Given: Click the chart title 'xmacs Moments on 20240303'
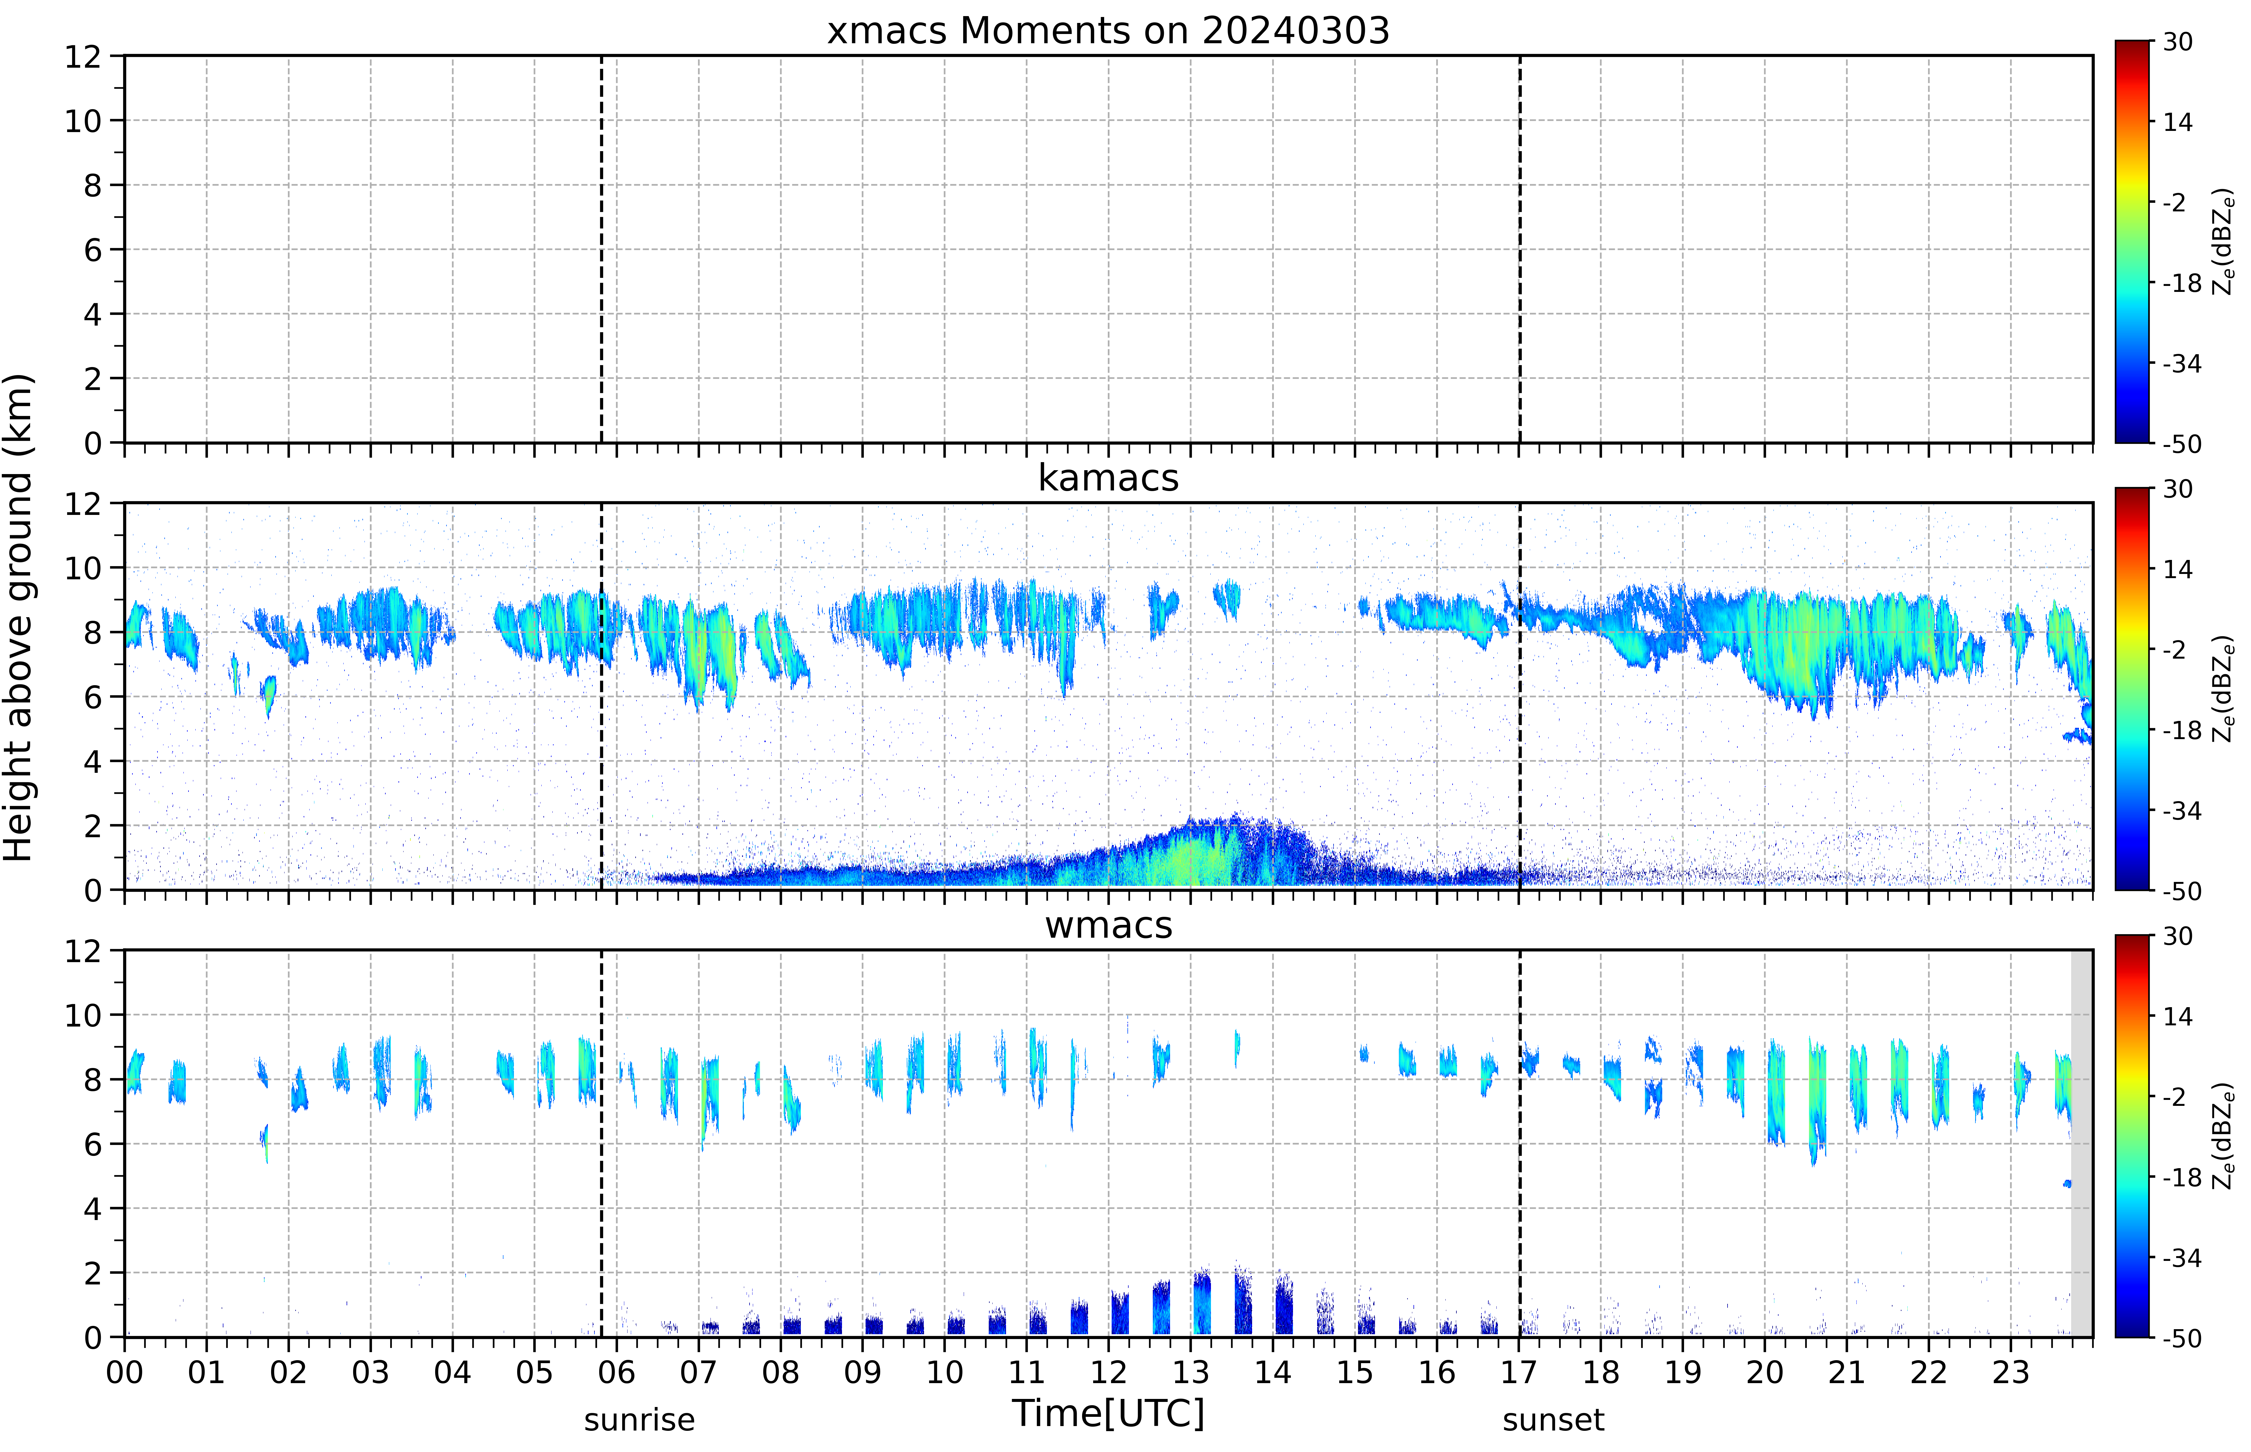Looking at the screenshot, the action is coord(1108,31).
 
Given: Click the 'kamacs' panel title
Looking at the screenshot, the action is coord(1108,478).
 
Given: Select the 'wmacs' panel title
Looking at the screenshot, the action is coord(1108,925).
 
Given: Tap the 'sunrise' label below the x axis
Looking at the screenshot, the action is coord(639,1420).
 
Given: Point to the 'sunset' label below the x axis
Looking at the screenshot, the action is coord(1553,1420).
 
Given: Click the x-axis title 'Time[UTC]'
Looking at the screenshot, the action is coord(1108,1413).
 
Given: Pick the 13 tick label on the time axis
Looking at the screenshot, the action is coord(1190,1372).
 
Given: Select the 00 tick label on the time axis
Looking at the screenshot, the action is coord(124,1372).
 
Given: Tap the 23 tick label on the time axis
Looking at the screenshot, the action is coord(2011,1372).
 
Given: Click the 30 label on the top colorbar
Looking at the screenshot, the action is coord(2177,41).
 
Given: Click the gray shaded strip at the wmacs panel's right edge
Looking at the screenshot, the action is coord(2081,1143).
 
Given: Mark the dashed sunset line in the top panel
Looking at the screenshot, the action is coord(1519,249).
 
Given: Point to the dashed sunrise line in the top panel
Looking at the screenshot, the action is coord(602,249).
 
